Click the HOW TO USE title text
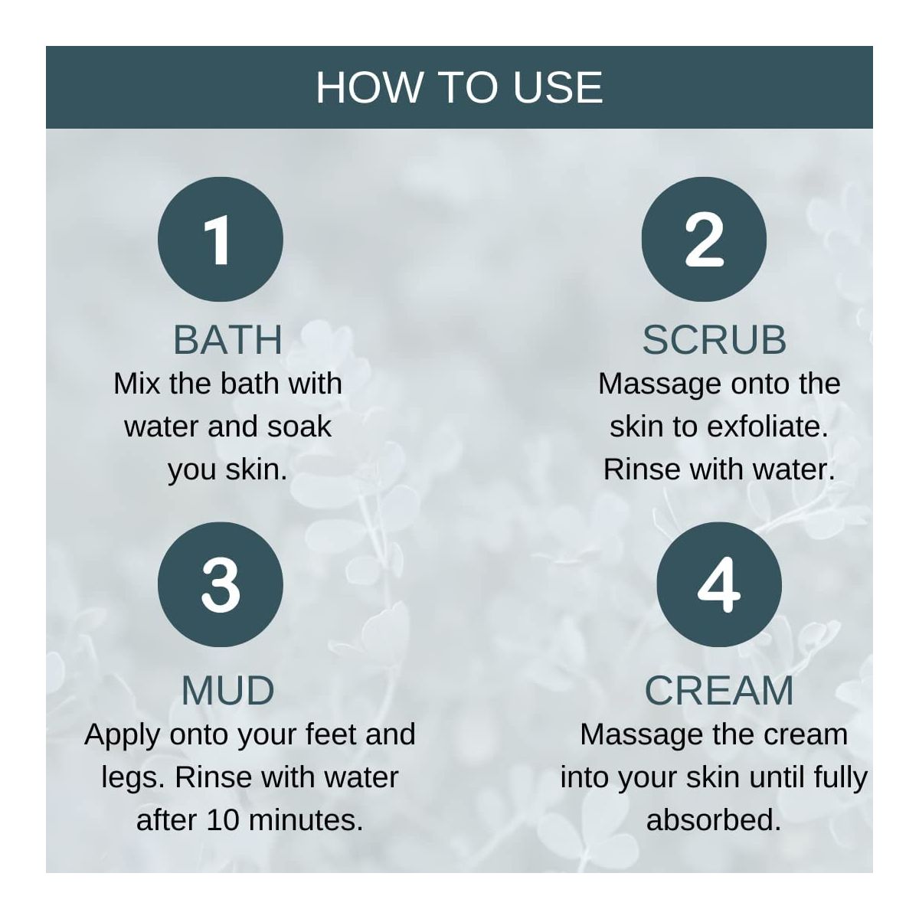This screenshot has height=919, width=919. click(x=459, y=87)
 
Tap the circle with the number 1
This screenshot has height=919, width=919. click(x=221, y=239)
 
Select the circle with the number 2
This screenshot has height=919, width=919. click(x=704, y=239)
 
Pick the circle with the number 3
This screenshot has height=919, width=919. click(x=221, y=584)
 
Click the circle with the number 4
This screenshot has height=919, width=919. click(x=718, y=584)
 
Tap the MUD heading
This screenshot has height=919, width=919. click(x=228, y=690)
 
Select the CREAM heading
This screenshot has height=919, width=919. click(x=719, y=690)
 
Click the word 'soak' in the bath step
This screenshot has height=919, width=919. click(x=299, y=427)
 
